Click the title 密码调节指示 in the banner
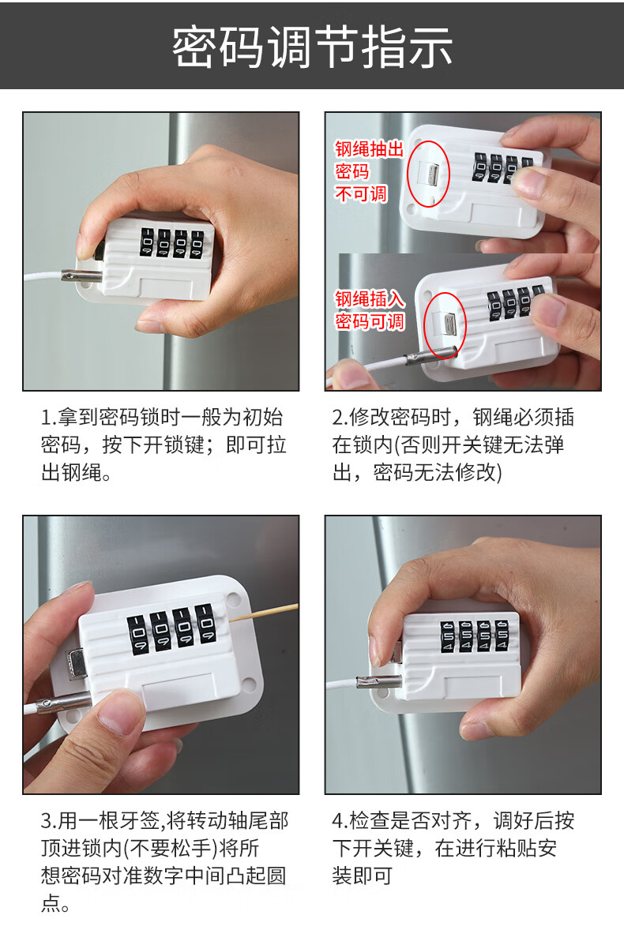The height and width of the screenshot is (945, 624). click(312, 47)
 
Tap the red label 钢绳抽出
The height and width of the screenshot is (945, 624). click(369, 149)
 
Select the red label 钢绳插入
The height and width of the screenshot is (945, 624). click(370, 299)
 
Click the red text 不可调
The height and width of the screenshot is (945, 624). click(360, 194)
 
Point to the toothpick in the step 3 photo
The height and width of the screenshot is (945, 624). click(265, 613)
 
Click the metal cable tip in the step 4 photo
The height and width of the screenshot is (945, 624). click(379, 681)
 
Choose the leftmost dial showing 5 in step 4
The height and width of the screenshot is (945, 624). click(448, 636)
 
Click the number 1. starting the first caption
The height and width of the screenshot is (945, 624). click(49, 417)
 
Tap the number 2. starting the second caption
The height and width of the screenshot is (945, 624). click(340, 417)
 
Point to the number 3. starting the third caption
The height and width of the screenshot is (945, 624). click(49, 820)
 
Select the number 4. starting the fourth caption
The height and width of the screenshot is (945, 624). click(340, 820)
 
